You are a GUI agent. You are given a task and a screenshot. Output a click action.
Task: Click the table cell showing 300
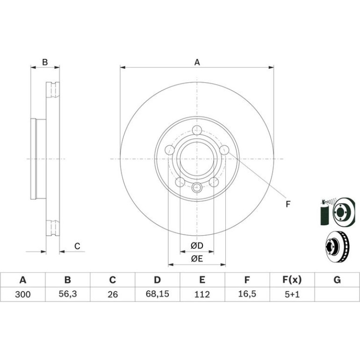pyautogui.click(x=23, y=294)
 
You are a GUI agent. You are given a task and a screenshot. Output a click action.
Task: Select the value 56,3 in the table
pyautogui.click(x=67, y=294)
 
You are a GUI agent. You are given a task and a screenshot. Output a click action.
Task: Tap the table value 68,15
pyautogui.click(x=157, y=294)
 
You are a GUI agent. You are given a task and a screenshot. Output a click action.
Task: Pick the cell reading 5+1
pyautogui.click(x=292, y=294)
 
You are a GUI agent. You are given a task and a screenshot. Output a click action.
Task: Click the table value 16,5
pyautogui.click(x=247, y=294)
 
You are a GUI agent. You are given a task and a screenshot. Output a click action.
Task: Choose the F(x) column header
pyautogui.click(x=292, y=280)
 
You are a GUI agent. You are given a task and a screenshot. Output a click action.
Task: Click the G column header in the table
pyautogui.click(x=337, y=280)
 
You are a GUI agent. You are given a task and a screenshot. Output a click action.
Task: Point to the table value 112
pyautogui.click(x=202, y=294)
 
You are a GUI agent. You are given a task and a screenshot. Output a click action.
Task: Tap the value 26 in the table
pyautogui.click(x=113, y=294)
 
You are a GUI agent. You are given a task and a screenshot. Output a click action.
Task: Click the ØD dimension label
pyautogui.click(x=197, y=245)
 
